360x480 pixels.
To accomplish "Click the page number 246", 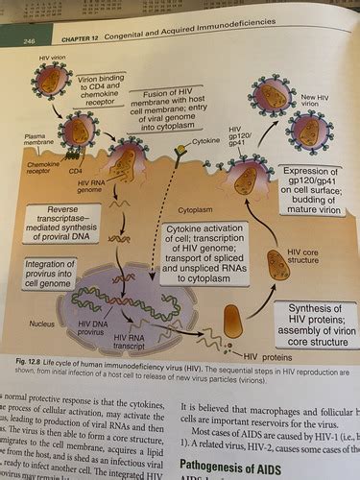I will pos(31,41).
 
